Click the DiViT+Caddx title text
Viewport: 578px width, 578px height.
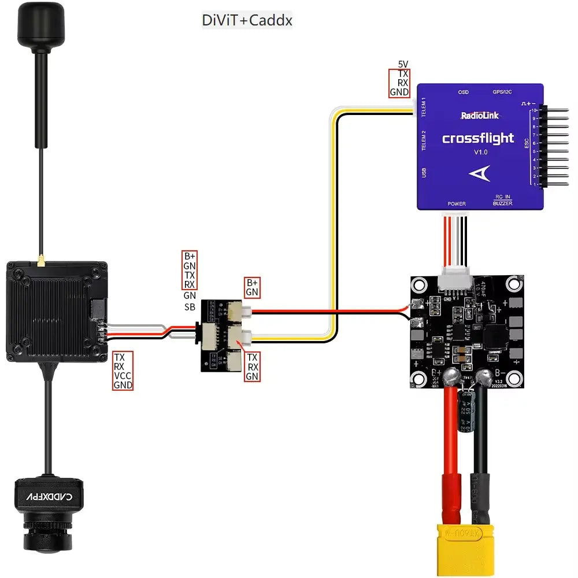(x=247, y=21)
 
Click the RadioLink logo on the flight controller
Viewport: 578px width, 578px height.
(x=480, y=116)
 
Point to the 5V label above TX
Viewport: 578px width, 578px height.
(x=403, y=64)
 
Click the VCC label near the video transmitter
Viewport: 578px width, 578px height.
(x=123, y=375)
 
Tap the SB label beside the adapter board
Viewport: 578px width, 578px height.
(x=190, y=307)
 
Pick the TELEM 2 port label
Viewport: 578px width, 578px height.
(x=424, y=140)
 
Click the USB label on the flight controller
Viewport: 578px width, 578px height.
(x=424, y=173)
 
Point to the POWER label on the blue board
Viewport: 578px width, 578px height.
(x=457, y=204)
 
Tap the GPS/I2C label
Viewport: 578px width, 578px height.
(x=502, y=92)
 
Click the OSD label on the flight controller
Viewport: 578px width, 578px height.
(x=463, y=92)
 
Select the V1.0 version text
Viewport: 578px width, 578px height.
(x=481, y=152)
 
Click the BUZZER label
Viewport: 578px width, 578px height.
(x=502, y=203)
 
